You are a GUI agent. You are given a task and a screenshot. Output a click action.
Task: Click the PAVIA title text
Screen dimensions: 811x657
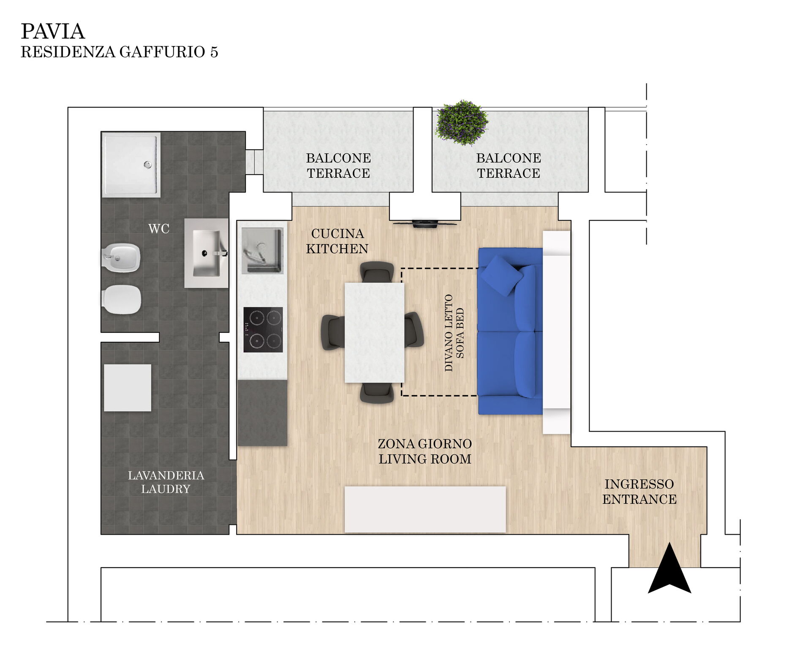point(53,32)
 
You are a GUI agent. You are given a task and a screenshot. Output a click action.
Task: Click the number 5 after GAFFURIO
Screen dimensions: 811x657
point(214,52)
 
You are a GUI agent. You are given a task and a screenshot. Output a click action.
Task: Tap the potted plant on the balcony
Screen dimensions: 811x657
point(462,123)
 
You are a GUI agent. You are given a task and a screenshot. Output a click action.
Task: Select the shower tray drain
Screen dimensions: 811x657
point(148,165)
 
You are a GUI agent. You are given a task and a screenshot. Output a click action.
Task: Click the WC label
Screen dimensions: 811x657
point(159,229)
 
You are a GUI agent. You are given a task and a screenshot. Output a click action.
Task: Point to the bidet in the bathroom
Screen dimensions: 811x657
point(121,257)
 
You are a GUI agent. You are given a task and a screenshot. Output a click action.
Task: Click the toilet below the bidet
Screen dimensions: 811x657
point(122,300)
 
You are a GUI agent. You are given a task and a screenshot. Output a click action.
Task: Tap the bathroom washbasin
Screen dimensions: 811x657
point(207,253)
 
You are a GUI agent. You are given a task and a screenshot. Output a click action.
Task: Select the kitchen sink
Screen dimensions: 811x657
point(262,251)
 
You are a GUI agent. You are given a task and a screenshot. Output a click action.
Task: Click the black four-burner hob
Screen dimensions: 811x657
point(263,330)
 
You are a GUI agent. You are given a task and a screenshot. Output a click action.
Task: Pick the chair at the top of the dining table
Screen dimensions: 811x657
point(377,272)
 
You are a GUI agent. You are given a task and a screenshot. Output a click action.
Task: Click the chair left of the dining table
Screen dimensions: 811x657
point(333,333)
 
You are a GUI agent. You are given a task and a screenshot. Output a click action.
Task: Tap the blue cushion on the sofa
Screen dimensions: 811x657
point(502,276)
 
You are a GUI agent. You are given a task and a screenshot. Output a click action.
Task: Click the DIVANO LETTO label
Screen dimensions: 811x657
point(449,333)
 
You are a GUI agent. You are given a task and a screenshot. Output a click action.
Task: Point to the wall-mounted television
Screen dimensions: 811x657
point(425,223)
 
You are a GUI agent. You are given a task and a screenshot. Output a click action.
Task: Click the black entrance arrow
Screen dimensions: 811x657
point(669,568)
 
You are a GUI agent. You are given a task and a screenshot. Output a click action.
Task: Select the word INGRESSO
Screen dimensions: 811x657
point(639,484)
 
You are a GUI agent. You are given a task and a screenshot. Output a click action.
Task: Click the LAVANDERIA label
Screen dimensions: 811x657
point(166,476)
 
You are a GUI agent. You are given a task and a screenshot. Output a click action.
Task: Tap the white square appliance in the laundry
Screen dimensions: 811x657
point(128,388)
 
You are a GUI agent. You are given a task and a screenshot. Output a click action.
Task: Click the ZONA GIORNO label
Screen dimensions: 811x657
point(425,444)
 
